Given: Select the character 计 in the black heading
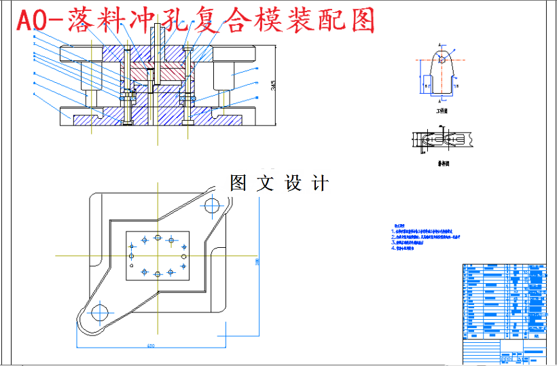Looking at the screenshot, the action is pyautogui.click(x=319, y=183).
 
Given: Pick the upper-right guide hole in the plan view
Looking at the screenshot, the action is pyautogui.click(x=213, y=204).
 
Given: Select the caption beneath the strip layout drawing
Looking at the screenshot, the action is pyautogui.click(x=442, y=164).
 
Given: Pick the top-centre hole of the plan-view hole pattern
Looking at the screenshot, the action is pyautogui.click(x=158, y=238).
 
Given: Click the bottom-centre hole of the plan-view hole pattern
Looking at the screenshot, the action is pyautogui.click(x=158, y=273).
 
